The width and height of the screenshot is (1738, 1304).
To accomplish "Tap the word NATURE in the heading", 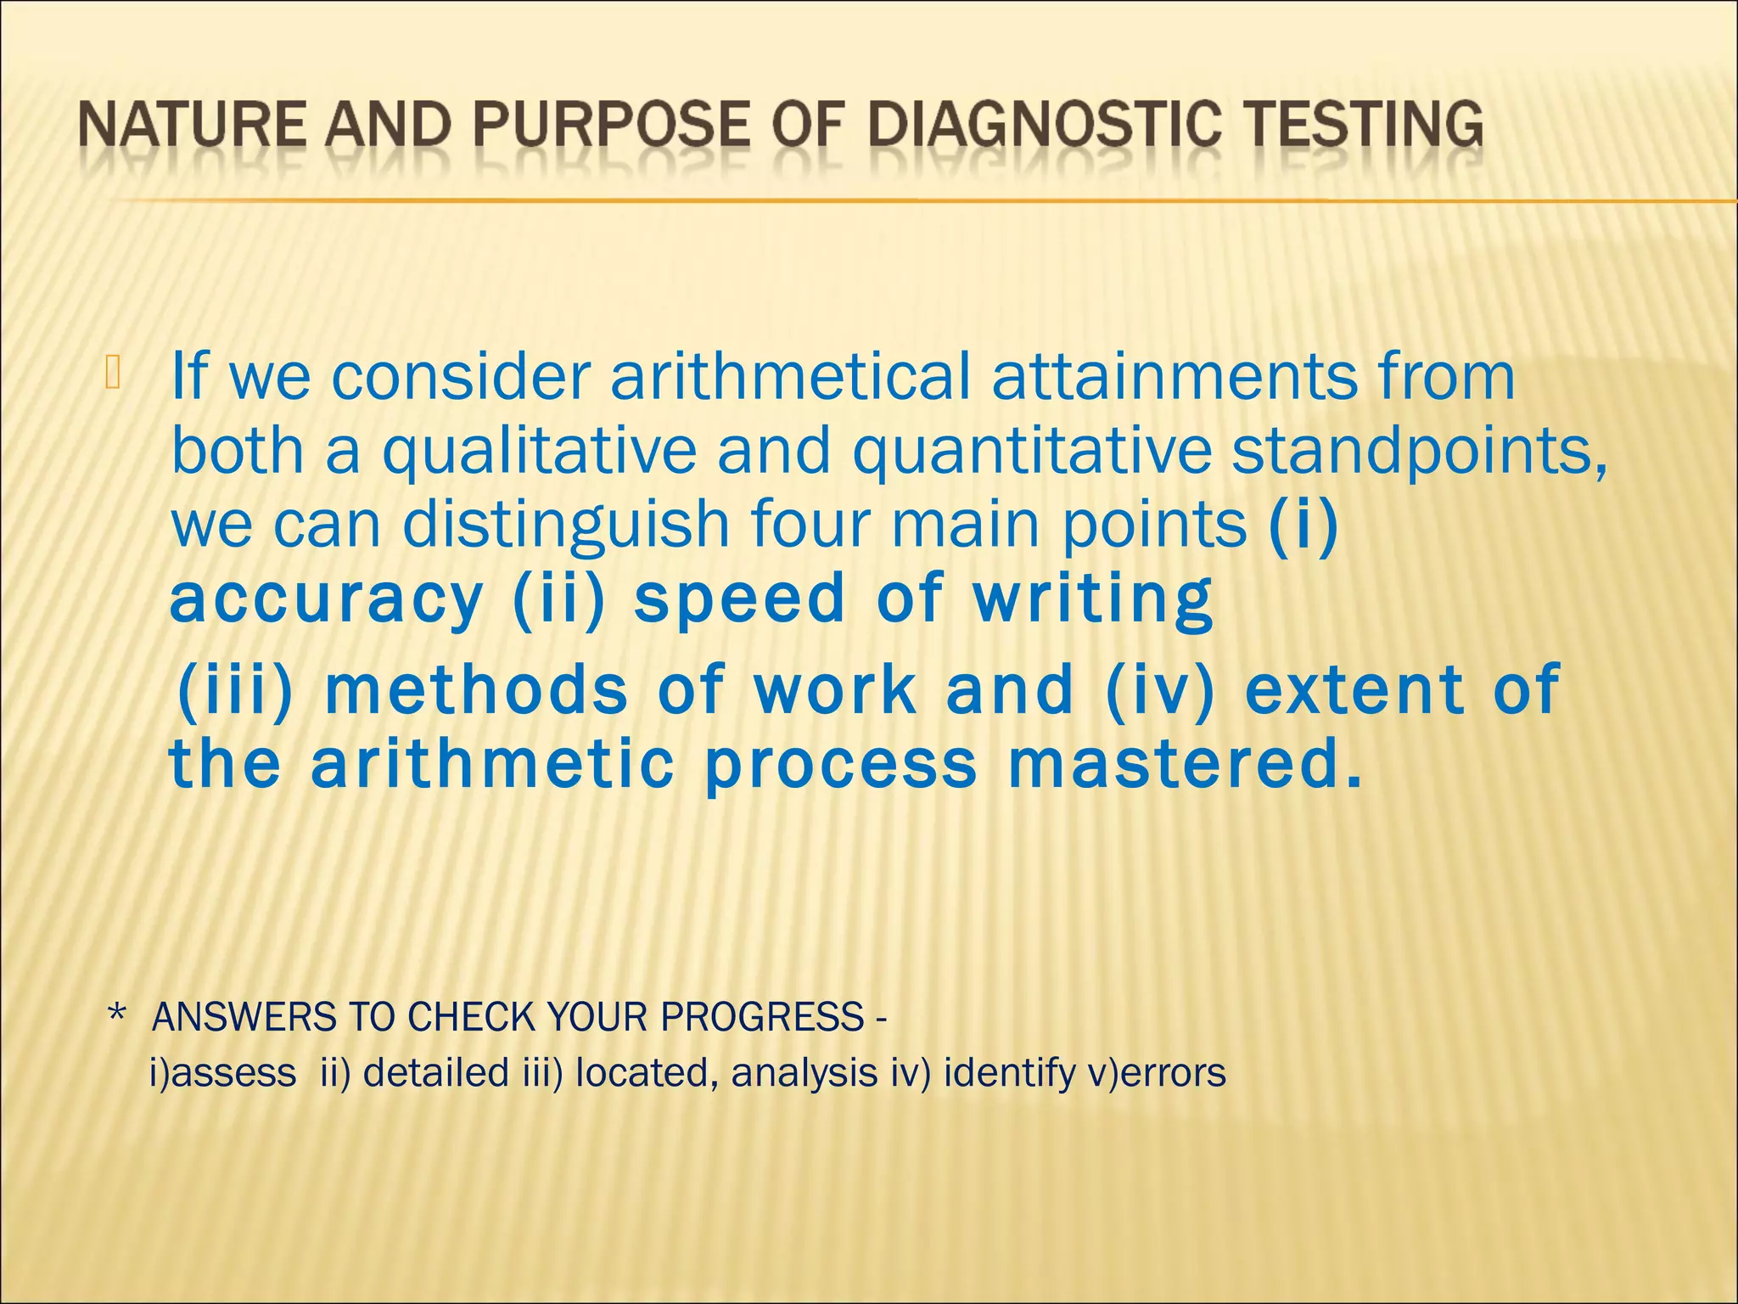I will pos(192,126).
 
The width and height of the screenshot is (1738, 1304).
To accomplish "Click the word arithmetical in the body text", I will pos(790,376).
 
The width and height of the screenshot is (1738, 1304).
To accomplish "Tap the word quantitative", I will pos(1031,451).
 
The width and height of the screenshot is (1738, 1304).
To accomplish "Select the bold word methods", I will pos(476,689).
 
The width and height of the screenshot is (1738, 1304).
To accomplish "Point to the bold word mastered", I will pos(1184,763).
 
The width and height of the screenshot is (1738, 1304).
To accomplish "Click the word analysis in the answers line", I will pos(804,1073).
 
